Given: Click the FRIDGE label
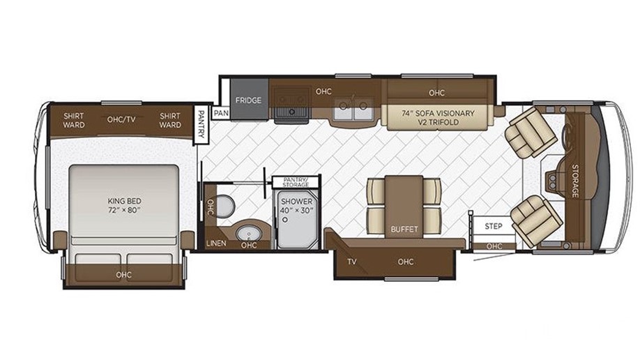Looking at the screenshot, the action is click(x=248, y=100).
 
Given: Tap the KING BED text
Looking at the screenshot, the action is click(x=125, y=201).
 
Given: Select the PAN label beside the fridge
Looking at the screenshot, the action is click(x=221, y=112).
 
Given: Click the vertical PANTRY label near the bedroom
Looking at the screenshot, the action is click(x=201, y=124).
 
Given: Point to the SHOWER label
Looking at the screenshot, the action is click(x=297, y=202).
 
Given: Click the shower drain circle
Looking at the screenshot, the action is click(x=285, y=220).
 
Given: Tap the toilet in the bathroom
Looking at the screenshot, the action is click(x=224, y=207).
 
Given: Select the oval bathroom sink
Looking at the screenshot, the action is click(x=247, y=234).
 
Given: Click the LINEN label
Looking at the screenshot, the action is click(x=216, y=243).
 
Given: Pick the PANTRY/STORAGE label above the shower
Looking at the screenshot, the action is click(x=296, y=182).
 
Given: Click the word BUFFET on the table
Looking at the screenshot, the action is click(x=404, y=230).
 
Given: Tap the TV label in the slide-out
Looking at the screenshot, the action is click(x=352, y=262).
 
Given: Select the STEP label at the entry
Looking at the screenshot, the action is click(x=494, y=226).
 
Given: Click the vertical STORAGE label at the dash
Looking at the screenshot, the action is click(x=575, y=181).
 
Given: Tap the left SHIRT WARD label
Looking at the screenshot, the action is click(x=74, y=121).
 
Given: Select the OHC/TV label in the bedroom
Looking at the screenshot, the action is click(x=121, y=119).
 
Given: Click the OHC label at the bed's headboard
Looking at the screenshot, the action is click(x=123, y=275).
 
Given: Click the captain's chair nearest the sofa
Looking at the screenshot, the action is click(x=530, y=132).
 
